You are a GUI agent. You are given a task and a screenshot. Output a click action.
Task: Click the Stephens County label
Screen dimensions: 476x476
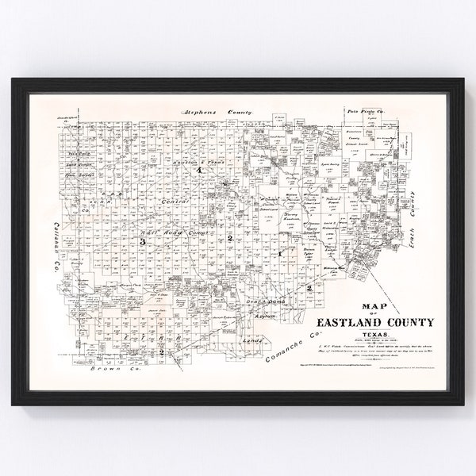point(216,113)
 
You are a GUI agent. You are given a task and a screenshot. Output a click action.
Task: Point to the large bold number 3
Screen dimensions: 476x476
point(144,241)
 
